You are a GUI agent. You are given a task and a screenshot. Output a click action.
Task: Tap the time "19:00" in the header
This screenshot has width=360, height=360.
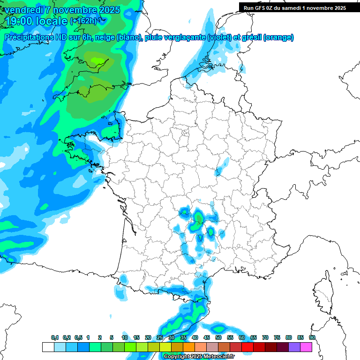(x=22, y=21)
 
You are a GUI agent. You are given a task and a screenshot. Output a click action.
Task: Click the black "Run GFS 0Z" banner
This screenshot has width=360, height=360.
(x=294, y=7)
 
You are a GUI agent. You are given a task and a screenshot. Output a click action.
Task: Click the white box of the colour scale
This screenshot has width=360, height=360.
(x=48, y=347)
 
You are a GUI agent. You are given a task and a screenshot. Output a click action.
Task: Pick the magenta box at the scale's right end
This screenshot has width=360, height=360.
(x=306, y=347)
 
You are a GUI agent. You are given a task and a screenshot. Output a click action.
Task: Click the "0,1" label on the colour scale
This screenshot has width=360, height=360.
(x=55, y=337)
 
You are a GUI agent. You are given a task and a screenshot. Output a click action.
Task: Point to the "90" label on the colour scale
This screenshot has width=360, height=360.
(x=312, y=337)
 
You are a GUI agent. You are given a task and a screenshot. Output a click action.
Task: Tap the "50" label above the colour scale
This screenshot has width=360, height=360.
(x=218, y=337)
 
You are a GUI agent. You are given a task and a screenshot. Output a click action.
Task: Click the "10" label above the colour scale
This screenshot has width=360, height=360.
(x=125, y=337)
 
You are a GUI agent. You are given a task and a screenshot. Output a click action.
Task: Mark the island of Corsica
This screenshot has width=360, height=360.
(x=323, y=291)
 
